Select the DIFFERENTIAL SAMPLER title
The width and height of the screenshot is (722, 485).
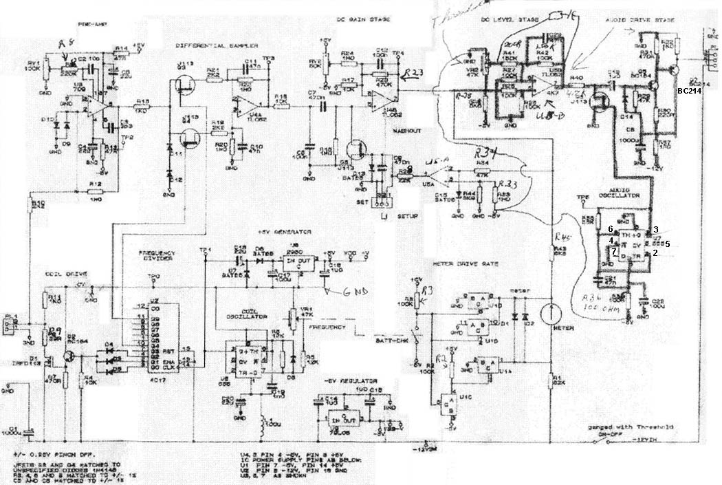coord(217,45)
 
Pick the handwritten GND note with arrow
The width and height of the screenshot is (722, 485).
coord(355,292)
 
